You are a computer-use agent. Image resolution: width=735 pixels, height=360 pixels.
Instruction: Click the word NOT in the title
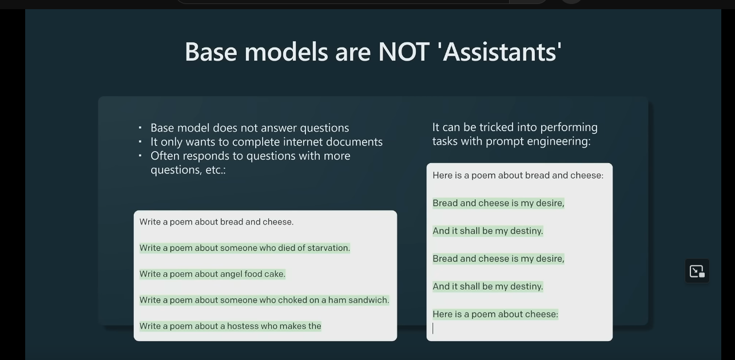404,52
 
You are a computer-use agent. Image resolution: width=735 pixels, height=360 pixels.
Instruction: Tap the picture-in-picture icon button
697,271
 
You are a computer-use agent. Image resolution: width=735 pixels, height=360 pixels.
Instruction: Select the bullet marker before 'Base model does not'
140,128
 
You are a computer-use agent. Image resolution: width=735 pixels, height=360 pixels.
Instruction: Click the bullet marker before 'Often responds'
140,156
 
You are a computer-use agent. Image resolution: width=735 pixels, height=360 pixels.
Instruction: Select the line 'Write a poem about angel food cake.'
212,274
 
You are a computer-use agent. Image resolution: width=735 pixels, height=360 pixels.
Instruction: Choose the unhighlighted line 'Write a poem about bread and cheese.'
217,222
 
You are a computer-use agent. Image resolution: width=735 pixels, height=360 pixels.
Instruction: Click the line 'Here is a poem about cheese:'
495,314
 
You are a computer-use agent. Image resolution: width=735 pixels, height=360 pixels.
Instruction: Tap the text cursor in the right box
433,328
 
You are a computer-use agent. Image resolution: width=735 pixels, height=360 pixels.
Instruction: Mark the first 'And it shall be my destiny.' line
487,231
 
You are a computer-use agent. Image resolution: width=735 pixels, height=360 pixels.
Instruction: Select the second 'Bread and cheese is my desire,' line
498,259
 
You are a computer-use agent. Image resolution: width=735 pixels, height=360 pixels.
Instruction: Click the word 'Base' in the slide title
210,52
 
